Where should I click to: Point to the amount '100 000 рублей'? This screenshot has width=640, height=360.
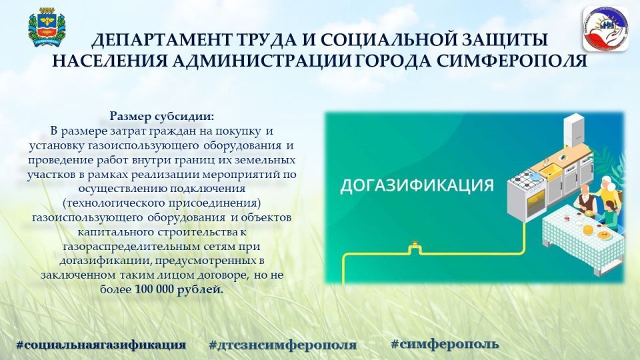pos(179,289)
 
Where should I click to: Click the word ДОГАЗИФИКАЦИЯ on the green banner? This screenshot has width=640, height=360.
pos(416,185)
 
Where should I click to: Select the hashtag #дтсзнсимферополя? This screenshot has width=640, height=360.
pos(283,345)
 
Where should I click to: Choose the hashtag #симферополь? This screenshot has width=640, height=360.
pos(444,344)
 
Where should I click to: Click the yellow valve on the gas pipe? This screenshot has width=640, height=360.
pos(414,248)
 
